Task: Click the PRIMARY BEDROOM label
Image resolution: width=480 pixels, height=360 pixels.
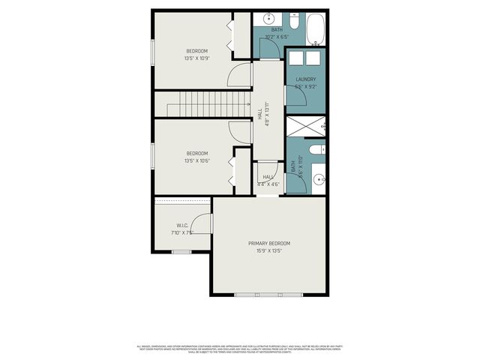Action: [x=269, y=244]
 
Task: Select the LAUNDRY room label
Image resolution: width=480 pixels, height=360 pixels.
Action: [x=305, y=79]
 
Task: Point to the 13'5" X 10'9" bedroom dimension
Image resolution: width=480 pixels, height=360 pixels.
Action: [x=196, y=58]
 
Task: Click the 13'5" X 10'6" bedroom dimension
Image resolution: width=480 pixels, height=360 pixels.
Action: [x=196, y=160]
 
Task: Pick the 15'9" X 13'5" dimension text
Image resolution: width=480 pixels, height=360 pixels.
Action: [x=269, y=251]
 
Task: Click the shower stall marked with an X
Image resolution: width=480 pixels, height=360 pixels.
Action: [x=306, y=125]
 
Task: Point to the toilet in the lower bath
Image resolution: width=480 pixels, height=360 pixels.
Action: [x=319, y=148]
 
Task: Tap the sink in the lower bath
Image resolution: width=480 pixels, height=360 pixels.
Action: [x=318, y=179]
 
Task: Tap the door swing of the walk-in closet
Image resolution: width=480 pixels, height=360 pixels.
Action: [x=201, y=223]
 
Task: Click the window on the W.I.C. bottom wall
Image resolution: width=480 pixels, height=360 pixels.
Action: [x=182, y=252]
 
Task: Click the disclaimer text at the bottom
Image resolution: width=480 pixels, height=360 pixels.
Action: [x=240, y=349]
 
